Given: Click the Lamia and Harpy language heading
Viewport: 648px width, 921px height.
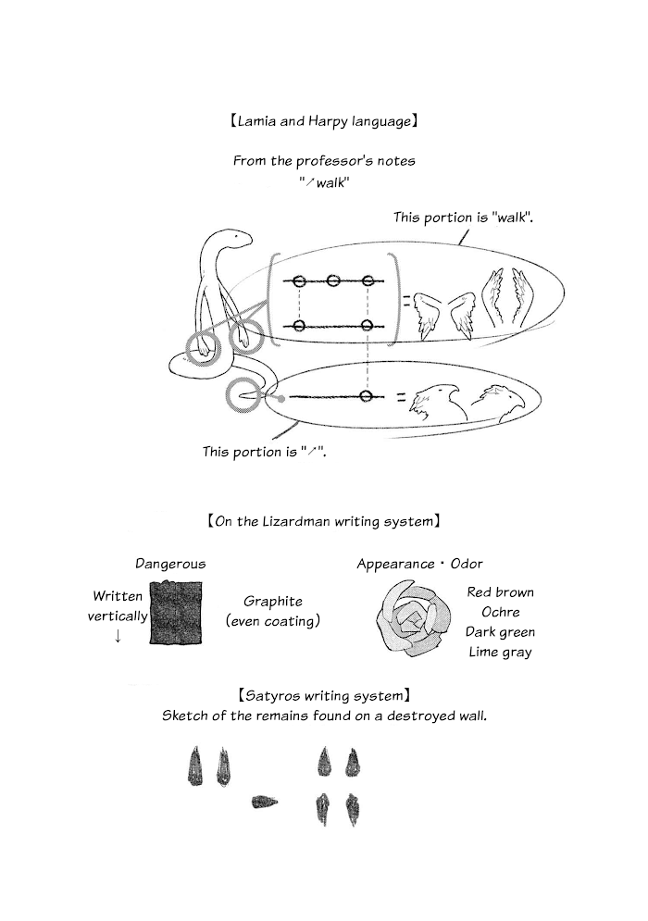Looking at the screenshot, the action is (x=324, y=121).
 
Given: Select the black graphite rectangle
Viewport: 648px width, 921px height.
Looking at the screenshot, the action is (x=176, y=612).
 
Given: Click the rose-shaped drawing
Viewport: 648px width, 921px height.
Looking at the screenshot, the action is (x=415, y=616).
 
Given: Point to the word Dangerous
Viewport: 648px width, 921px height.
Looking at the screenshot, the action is (x=170, y=564).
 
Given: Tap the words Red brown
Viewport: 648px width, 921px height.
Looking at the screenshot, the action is (x=500, y=592).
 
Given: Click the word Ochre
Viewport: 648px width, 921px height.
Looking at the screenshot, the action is (x=501, y=612).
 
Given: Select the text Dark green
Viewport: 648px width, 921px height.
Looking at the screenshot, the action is (x=500, y=632).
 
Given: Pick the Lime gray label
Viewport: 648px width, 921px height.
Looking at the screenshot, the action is (x=500, y=652).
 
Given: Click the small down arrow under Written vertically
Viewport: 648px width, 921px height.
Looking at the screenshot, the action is (x=118, y=636).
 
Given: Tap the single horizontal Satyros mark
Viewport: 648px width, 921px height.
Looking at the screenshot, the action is (x=265, y=802).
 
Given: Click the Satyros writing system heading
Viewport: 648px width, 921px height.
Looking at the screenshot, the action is (x=324, y=696).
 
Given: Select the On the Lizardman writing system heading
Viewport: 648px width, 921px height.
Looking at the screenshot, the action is (x=324, y=521).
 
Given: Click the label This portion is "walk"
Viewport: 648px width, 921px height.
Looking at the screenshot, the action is (x=464, y=218).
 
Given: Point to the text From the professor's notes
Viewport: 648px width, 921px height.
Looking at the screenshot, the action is (x=324, y=161).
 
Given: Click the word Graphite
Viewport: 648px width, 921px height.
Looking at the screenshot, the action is (x=272, y=602).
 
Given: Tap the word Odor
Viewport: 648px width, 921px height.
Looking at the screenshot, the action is (x=467, y=564).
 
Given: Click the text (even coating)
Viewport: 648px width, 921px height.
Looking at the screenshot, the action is (x=272, y=621).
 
